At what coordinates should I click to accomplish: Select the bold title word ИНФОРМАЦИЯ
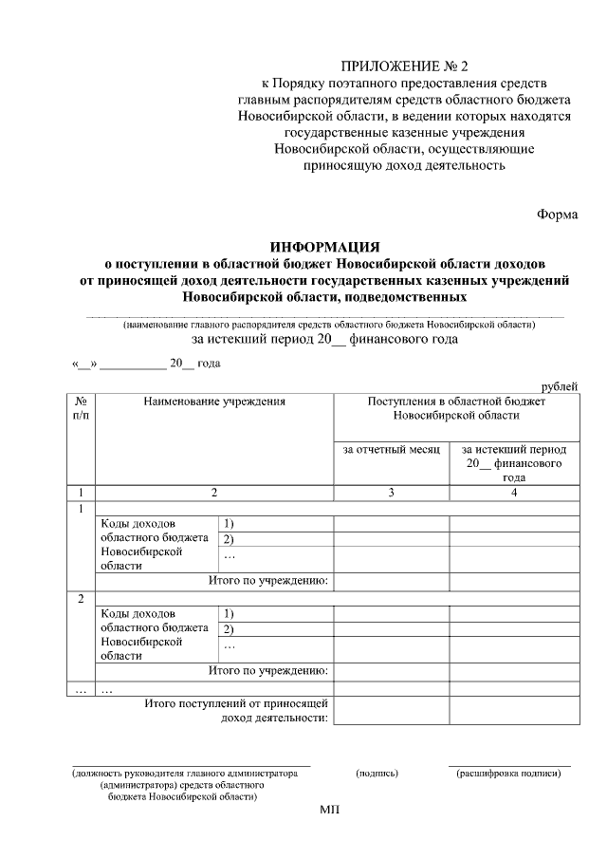(325, 248)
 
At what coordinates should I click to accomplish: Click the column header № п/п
(81, 409)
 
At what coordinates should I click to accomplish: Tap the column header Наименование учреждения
(214, 401)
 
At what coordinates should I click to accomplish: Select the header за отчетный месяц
(392, 449)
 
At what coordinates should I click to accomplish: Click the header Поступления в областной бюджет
(456, 401)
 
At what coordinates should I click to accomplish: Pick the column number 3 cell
(391, 492)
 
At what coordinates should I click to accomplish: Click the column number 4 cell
(514, 492)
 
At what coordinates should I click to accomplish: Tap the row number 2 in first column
(81, 598)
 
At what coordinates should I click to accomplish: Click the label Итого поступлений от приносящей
(236, 703)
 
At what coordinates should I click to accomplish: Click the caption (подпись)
(377, 774)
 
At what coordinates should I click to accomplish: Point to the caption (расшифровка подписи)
(509, 774)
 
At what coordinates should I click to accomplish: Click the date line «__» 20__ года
(147, 364)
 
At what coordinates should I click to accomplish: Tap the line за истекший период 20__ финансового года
(325, 339)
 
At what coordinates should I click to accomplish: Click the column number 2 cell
(214, 492)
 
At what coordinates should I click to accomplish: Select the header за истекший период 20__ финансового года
(514, 463)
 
